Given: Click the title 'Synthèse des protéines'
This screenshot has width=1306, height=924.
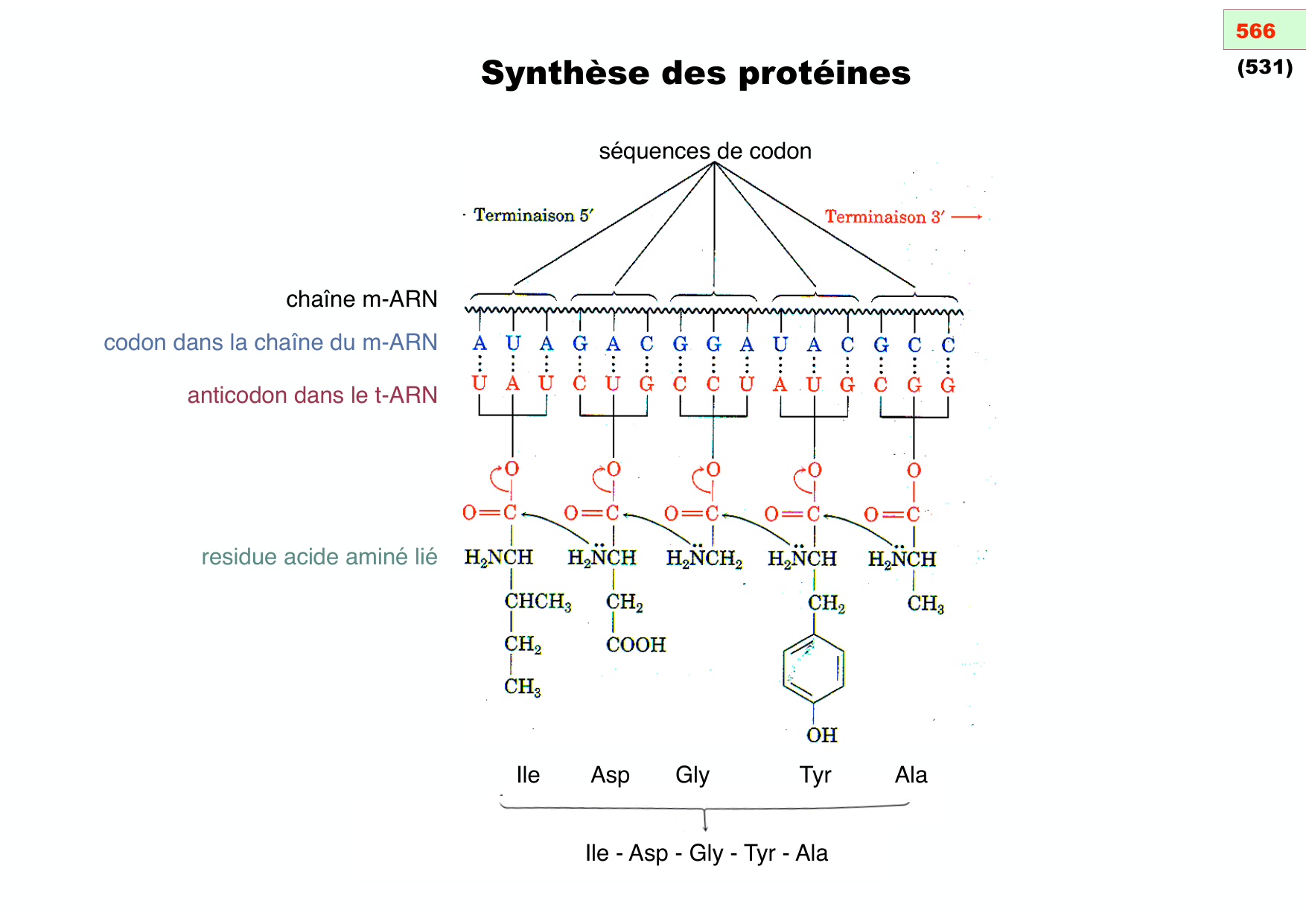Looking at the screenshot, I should tap(695, 74).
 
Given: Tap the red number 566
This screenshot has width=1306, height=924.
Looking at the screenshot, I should tap(1255, 31).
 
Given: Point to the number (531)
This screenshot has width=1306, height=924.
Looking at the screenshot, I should tap(1264, 68).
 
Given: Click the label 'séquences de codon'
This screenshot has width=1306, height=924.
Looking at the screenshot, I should tap(704, 151).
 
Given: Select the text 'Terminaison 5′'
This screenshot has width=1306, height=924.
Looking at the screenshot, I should tap(533, 216).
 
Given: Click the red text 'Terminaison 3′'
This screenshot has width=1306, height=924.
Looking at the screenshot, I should tap(885, 217).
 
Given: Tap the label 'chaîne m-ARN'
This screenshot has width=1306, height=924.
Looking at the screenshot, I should tap(361, 299).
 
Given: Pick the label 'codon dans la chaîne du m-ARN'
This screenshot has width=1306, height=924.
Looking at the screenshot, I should tap(270, 342).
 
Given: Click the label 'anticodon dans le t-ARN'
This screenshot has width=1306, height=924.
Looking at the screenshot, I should tap(312, 395).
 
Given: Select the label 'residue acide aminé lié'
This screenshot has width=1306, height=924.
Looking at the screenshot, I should tap(319, 557).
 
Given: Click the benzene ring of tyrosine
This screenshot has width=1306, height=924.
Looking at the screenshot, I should tap(813, 668).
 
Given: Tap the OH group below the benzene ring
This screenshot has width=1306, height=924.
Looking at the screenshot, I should tap(821, 736).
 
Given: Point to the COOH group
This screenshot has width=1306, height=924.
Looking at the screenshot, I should tap(635, 645).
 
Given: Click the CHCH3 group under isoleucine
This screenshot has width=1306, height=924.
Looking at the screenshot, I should tap(538, 602).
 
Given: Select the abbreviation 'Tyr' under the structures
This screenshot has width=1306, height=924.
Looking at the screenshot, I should tap(815, 775).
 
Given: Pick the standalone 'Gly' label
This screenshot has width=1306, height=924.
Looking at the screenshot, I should tap(692, 775).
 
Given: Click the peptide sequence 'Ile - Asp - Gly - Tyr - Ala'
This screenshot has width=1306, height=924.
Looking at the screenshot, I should tap(706, 853).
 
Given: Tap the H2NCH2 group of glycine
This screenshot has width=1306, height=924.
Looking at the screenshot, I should tap(704, 558).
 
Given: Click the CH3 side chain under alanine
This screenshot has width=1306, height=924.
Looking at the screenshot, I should tap(925, 604).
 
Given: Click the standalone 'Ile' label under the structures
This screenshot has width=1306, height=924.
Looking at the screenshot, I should tap(528, 775).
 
